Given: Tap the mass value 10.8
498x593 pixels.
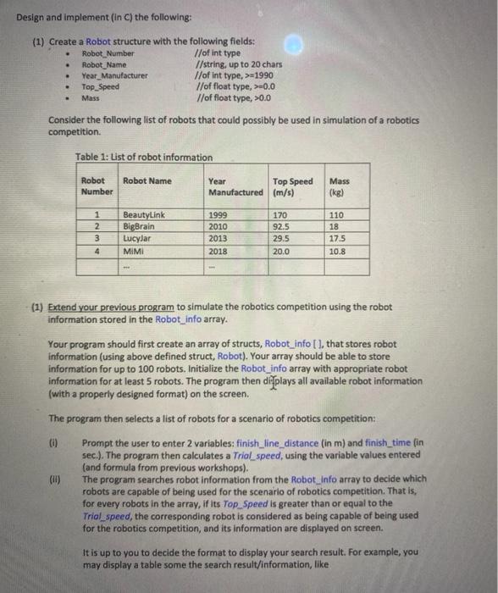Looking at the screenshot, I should pos(338,251).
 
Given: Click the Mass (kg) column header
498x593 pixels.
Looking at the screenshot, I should pos(339,186).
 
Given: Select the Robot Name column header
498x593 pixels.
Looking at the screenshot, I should pos(147,181).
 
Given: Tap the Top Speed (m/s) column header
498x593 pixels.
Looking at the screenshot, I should pos(292,186).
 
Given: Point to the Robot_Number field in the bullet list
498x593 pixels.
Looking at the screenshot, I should pos(108,53).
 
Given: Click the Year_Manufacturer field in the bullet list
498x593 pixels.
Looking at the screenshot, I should pos(114,75).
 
